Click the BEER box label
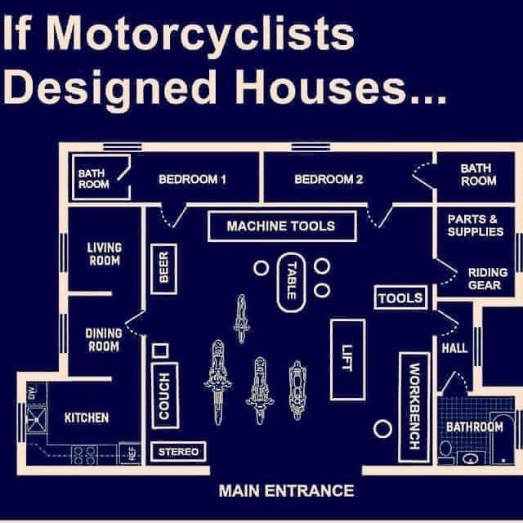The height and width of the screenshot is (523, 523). pos(163,266)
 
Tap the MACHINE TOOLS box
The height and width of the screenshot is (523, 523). pos(280,226)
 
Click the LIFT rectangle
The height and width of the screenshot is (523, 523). pos(347,360)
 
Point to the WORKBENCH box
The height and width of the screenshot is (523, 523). pos(413,405)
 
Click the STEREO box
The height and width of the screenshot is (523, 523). pos(177,451)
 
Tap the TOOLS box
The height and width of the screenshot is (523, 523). pos(400,298)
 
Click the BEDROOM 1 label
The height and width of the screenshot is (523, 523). pos(192,179)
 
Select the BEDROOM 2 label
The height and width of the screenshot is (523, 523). pos(329,179)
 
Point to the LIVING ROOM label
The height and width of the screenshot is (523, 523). pos(104,253)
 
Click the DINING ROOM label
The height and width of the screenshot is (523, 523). pos(103,339)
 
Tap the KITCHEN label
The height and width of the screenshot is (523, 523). pos(87,418)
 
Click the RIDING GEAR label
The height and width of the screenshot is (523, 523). pos(487,279)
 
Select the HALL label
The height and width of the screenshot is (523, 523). pos(454,348)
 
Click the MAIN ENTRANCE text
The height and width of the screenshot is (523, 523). pos(286,490)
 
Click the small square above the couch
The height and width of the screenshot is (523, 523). pos(161,351)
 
